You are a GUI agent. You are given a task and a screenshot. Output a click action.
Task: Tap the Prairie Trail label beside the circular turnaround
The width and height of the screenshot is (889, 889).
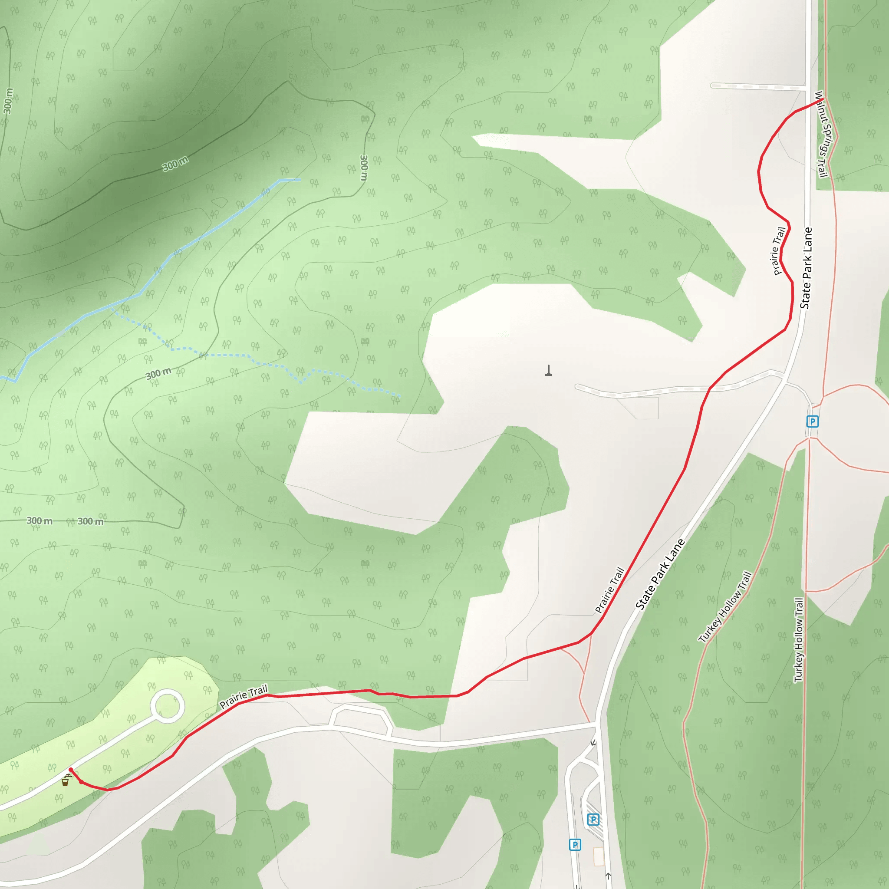[x=243, y=697]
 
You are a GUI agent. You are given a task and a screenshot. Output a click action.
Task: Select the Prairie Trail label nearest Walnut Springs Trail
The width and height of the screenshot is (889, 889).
[x=779, y=251]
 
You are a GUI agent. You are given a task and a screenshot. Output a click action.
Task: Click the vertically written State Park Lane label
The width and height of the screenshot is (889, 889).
[x=806, y=268]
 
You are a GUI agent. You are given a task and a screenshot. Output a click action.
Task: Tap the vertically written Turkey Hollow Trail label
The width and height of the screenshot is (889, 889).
[x=799, y=639]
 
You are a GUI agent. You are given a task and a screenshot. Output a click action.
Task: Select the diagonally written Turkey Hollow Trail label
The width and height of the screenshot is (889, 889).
[x=725, y=606]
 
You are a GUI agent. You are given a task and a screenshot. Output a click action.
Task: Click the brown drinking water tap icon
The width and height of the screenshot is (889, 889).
[x=66, y=781]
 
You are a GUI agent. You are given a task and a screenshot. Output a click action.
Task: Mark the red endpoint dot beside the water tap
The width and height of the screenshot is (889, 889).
[x=70, y=770]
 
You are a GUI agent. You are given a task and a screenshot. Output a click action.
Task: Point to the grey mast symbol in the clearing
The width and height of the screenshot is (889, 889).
[x=549, y=370]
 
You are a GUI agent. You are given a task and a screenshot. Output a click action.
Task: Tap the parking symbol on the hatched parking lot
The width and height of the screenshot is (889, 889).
[x=593, y=820]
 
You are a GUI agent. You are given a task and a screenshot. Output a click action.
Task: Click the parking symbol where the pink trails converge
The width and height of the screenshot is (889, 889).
[x=812, y=421]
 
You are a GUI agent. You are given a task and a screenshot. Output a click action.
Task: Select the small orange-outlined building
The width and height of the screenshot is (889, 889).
[x=599, y=857]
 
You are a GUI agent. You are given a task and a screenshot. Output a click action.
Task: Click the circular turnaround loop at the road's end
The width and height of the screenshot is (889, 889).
[x=168, y=705]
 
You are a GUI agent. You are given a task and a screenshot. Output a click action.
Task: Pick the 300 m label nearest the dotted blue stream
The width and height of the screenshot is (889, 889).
[x=158, y=374]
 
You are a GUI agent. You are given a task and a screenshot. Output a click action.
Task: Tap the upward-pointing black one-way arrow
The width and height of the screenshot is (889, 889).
[x=608, y=876]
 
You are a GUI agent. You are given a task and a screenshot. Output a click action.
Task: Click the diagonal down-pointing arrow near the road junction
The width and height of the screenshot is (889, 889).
[x=593, y=743]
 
